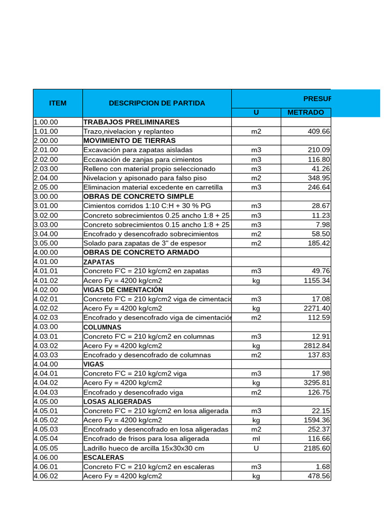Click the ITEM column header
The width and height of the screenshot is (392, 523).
coord(58,103)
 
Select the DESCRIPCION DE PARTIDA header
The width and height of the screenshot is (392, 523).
coord(157,103)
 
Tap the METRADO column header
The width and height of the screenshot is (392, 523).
coord(305,112)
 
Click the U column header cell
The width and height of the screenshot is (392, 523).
coord(256,112)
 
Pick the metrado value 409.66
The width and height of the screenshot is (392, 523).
coord(319,131)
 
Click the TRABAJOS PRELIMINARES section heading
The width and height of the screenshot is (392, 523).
coord(131,122)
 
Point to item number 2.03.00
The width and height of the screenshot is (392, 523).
coord(46,169)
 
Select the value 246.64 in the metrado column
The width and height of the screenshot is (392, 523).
coord(319,187)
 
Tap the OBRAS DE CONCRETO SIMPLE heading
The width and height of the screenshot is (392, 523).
coord(138,197)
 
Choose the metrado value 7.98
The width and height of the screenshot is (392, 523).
coord(323,225)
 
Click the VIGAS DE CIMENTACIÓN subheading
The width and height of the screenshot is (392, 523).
coord(123,290)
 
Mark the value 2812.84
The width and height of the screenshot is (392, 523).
coord(317,346)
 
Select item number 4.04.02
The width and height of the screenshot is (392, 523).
coord(46,383)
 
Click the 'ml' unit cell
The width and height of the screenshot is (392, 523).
coord(256,439)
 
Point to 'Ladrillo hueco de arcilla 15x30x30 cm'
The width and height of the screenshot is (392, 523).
coord(143,448)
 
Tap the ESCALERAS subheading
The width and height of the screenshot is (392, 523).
coord(104,458)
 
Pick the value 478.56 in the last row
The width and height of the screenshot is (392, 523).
coord(319,476)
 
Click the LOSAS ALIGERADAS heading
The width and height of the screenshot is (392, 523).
coord(117,401)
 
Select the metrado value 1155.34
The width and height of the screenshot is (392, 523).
coord(317,280)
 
